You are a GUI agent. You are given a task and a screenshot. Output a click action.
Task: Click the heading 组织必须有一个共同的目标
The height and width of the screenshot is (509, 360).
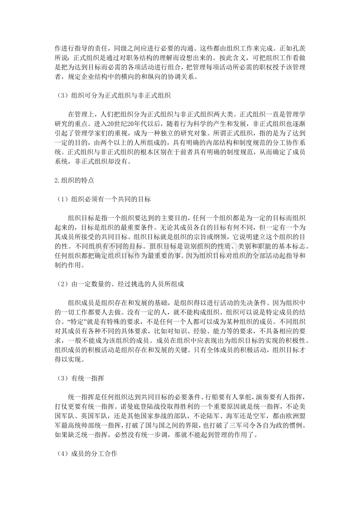[x=111, y=199]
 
